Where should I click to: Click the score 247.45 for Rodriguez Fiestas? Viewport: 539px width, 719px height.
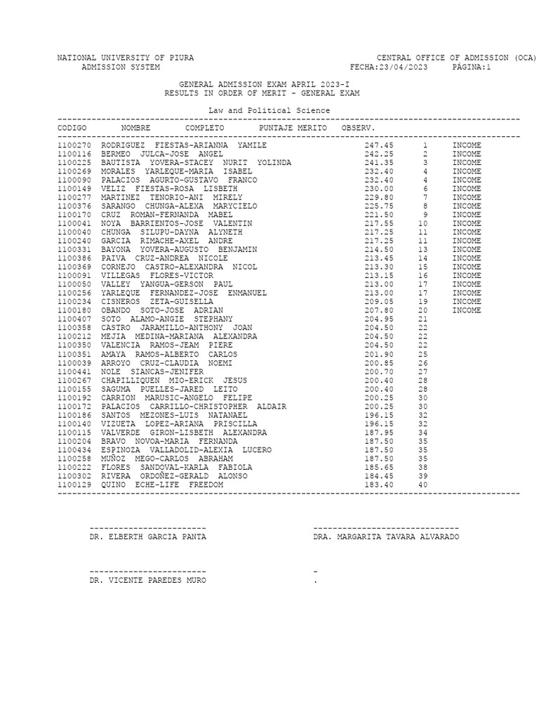tap(379, 145)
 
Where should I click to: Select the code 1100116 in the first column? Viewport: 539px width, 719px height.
tap(74, 154)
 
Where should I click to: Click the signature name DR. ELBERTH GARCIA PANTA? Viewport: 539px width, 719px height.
tap(148, 537)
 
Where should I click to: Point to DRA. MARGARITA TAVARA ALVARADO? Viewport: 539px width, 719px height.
tap(387, 537)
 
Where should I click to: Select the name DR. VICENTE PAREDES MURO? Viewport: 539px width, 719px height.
tap(148, 581)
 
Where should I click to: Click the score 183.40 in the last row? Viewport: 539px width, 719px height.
tap(379, 485)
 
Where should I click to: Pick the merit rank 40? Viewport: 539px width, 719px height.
tap(423, 485)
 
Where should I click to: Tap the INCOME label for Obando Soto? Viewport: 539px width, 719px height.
tap(467, 310)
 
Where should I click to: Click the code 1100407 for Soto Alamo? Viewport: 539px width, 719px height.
tap(74, 319)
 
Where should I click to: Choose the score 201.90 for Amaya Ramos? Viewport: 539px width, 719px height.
tap(379, 354)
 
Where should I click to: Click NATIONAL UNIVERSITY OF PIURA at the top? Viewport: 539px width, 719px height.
tap(126, 58)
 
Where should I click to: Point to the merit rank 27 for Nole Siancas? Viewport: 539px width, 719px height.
tap(423, 371)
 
